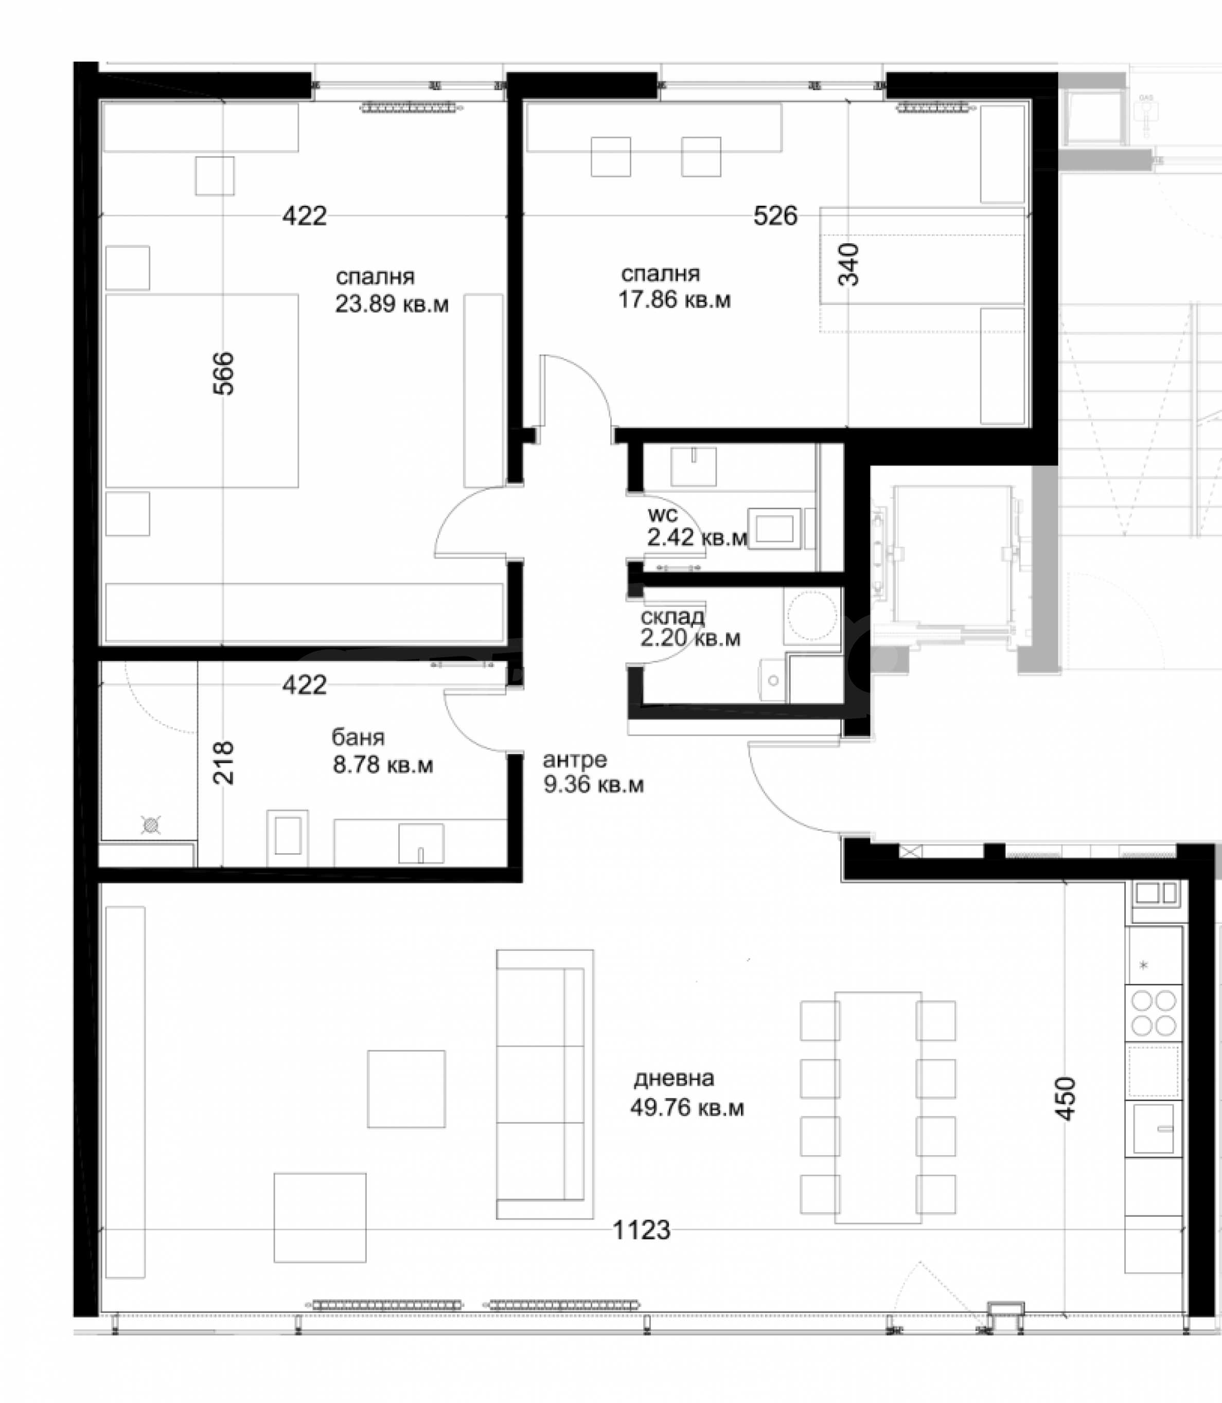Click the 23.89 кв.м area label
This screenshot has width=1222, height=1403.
pyautogui.click(x=392, y=303)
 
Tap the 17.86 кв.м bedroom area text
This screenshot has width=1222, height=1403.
pyautogui.click(x=675, y=300)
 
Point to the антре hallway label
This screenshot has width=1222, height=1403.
pyautogui.click(x=574, y=759)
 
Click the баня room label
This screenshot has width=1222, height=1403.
pyautogui.click(x=358, y=737)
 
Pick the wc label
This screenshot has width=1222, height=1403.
pyautogui.click(x=663, y=515)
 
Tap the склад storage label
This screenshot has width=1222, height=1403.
pyautogui.click(x=672, y=617)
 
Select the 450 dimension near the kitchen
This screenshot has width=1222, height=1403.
pyautogui.click(x=1065, y=1098)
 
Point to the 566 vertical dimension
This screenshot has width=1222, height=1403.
pyautogui.click(x=223, y=373)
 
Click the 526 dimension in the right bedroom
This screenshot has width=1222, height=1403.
pyautogui.click(x=775, y=215)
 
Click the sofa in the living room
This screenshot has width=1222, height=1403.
pyautogui.click(x=545, y=1084)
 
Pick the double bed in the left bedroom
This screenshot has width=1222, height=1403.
pyautogui.click(x=202, y=391)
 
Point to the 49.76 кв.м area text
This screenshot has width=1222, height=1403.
pyautogui.click(x=687, y=1108)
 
